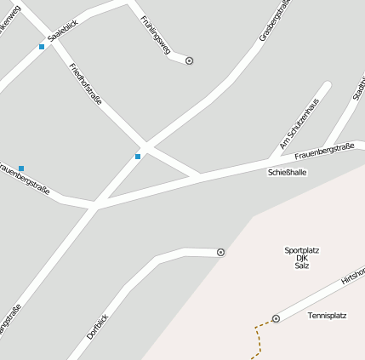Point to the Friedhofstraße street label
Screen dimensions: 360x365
point(85,83)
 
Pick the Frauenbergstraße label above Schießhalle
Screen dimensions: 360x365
point(324,152)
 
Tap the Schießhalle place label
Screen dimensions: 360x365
point(287,172)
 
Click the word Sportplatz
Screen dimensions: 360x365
point(302,250)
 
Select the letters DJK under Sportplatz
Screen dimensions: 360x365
point(301,258)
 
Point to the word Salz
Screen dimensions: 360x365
point(302,266)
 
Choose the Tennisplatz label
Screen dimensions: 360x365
point(327,316)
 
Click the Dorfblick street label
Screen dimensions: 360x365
point(98,326)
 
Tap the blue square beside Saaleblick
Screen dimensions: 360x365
point(41,47)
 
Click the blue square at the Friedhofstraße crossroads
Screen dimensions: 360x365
point(138,157)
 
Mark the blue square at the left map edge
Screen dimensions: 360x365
point(21,169)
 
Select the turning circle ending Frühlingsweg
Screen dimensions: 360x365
point(189,61)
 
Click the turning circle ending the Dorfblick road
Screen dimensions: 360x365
point(221,252)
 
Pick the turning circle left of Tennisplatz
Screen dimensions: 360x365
point(276,318)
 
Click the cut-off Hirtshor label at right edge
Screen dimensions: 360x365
point(352,276)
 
